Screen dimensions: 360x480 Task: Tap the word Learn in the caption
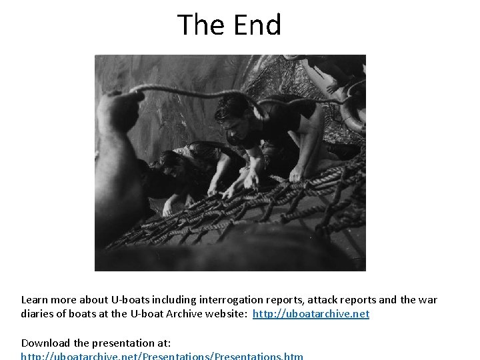[x=35, y=300]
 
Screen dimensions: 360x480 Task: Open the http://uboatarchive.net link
[x=311, y=313]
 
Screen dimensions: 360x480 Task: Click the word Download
[x=46, y=343]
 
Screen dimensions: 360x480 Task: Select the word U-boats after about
[x=133, y=300]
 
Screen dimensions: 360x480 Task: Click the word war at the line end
[x=427, y=300]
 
